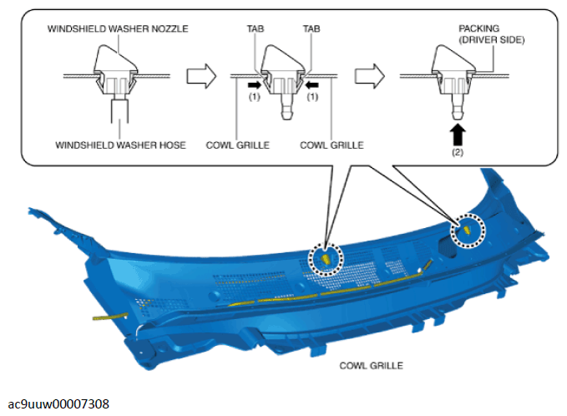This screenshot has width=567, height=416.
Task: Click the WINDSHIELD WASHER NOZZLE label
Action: pos(118,29)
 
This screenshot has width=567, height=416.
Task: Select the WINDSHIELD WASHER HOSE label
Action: pos(121,145)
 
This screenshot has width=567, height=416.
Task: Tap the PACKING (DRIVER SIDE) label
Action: pos(492,34)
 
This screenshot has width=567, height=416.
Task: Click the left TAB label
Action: pos(256,29)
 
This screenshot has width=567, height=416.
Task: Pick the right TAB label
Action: pos(311,29)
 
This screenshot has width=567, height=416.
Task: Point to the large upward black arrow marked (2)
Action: pos(458,135)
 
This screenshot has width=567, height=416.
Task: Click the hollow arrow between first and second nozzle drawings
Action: pos(201,76)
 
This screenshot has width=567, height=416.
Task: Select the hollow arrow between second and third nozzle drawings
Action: pos(370,76)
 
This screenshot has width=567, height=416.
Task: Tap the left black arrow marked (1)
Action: pos(255,85)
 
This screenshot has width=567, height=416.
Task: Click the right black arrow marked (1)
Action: pos(312,85)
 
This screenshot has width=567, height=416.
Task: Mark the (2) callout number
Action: pos(458,152)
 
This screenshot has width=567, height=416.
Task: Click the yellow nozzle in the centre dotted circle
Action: pos(326,259)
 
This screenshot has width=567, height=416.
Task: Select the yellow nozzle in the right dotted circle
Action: pos(466,230)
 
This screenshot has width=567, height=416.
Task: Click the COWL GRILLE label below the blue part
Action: pos(371,366)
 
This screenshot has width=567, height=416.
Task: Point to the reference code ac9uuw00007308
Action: pos(58,404)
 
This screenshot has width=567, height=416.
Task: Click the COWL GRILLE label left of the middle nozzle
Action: pos(238,145)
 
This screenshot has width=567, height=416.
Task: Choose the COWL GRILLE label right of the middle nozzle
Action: pos(332,145)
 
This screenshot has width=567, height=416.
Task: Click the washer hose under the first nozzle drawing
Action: pos(119,110)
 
